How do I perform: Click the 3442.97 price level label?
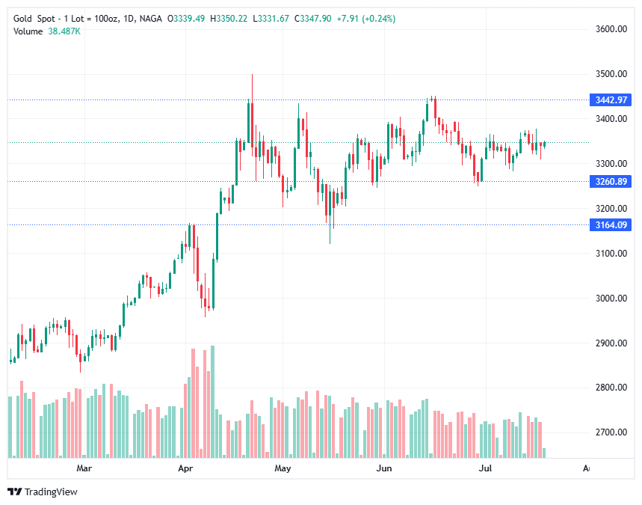coord(611,100)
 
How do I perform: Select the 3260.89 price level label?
coord(611,181)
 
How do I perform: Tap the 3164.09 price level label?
coord(611,224)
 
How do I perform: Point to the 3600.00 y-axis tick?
coord(611,29)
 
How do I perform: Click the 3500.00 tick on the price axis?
coord(611,74)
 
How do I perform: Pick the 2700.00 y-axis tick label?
coord(611,432)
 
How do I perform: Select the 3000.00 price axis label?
coord(611,298)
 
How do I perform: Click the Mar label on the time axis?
coord(84,468)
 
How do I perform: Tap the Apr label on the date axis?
coord(186,468)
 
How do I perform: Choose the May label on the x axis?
coord(283,468)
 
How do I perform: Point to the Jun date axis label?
coord(383,468)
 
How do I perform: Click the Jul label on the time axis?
coord(486,468)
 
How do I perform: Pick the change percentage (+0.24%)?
coord(379,18)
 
